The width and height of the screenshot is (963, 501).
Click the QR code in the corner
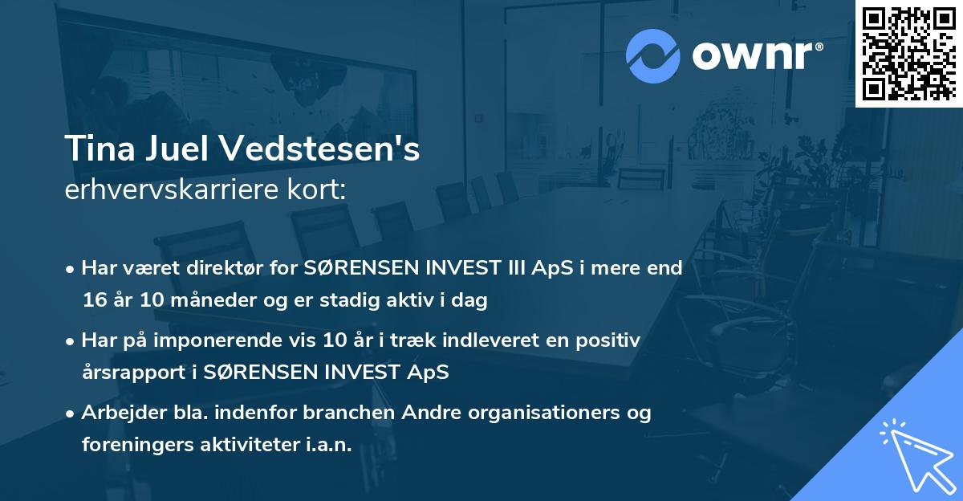pos(908,54)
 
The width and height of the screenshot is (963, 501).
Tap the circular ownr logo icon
pos(653,55)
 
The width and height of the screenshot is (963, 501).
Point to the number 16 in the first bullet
pos(95,301)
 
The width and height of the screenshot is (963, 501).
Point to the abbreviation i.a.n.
pos(328,445)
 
